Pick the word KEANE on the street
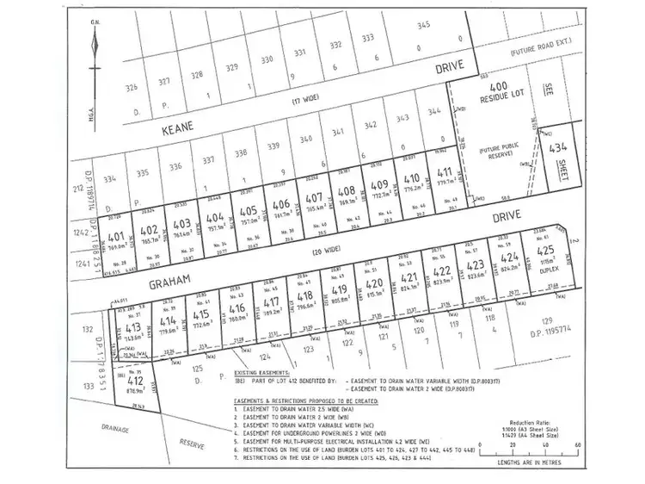pos(178,125)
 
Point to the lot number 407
pos(314,195)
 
